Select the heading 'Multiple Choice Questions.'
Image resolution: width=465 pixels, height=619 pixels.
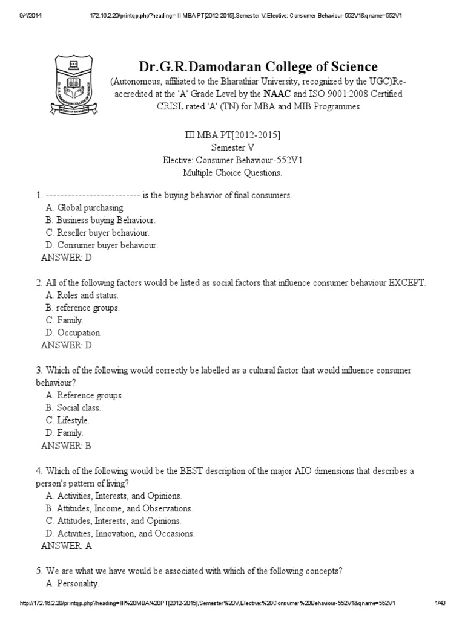coord(232,172)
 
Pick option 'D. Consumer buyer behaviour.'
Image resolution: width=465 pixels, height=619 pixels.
coord(102,245)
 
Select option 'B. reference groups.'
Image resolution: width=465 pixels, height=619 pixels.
coord(82,308)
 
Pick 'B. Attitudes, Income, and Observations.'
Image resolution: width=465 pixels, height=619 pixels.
coord(119,508)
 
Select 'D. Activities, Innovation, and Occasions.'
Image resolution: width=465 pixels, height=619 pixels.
coord(120,534)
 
